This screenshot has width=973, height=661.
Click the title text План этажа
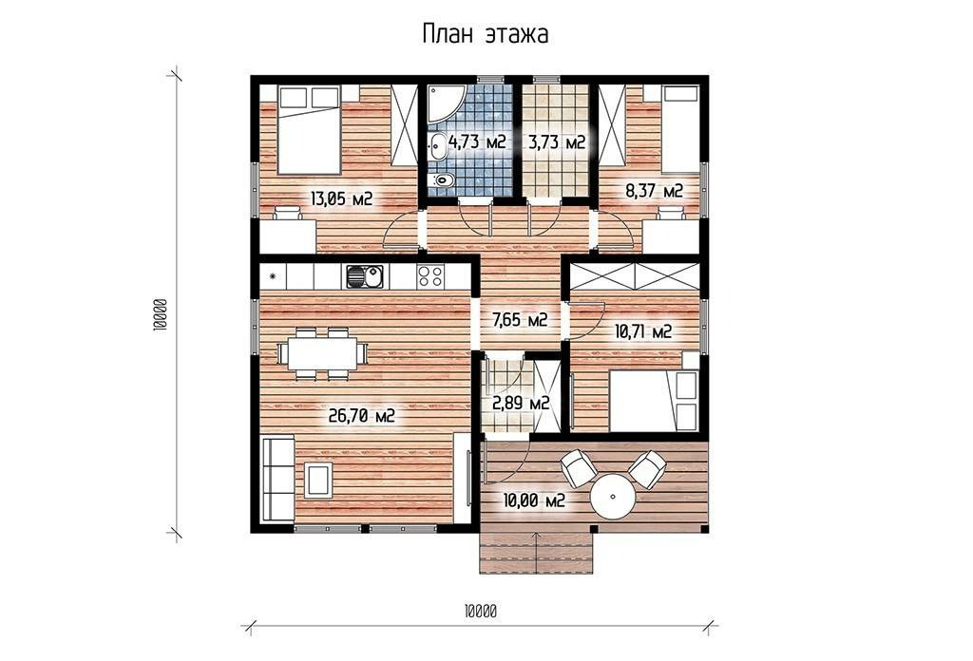[x=485, y=34]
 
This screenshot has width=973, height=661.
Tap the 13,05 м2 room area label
[x=341, y=199]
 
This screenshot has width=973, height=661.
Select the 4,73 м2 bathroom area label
[x=477, y=142]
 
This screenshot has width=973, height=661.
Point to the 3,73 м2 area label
[x=557, y=142]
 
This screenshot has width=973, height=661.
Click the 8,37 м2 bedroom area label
[x=654, y=191]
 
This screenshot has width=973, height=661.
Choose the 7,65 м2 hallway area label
[x=520, y=320]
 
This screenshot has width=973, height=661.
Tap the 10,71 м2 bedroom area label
[x=643, y=331]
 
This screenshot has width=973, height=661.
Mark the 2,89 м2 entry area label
[x=522, y=403]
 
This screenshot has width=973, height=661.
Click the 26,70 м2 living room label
[x=362, y=415]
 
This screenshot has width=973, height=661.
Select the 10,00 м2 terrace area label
[x=534, y=500]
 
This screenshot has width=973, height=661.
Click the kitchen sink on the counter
[x=364, y=276]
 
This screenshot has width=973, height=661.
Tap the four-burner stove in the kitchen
[x=430, y=276]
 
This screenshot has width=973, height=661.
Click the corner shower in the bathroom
[x=441, y=101]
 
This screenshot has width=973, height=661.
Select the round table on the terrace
[x=613, y=497]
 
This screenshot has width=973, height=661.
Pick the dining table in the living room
[x=321, y=353]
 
